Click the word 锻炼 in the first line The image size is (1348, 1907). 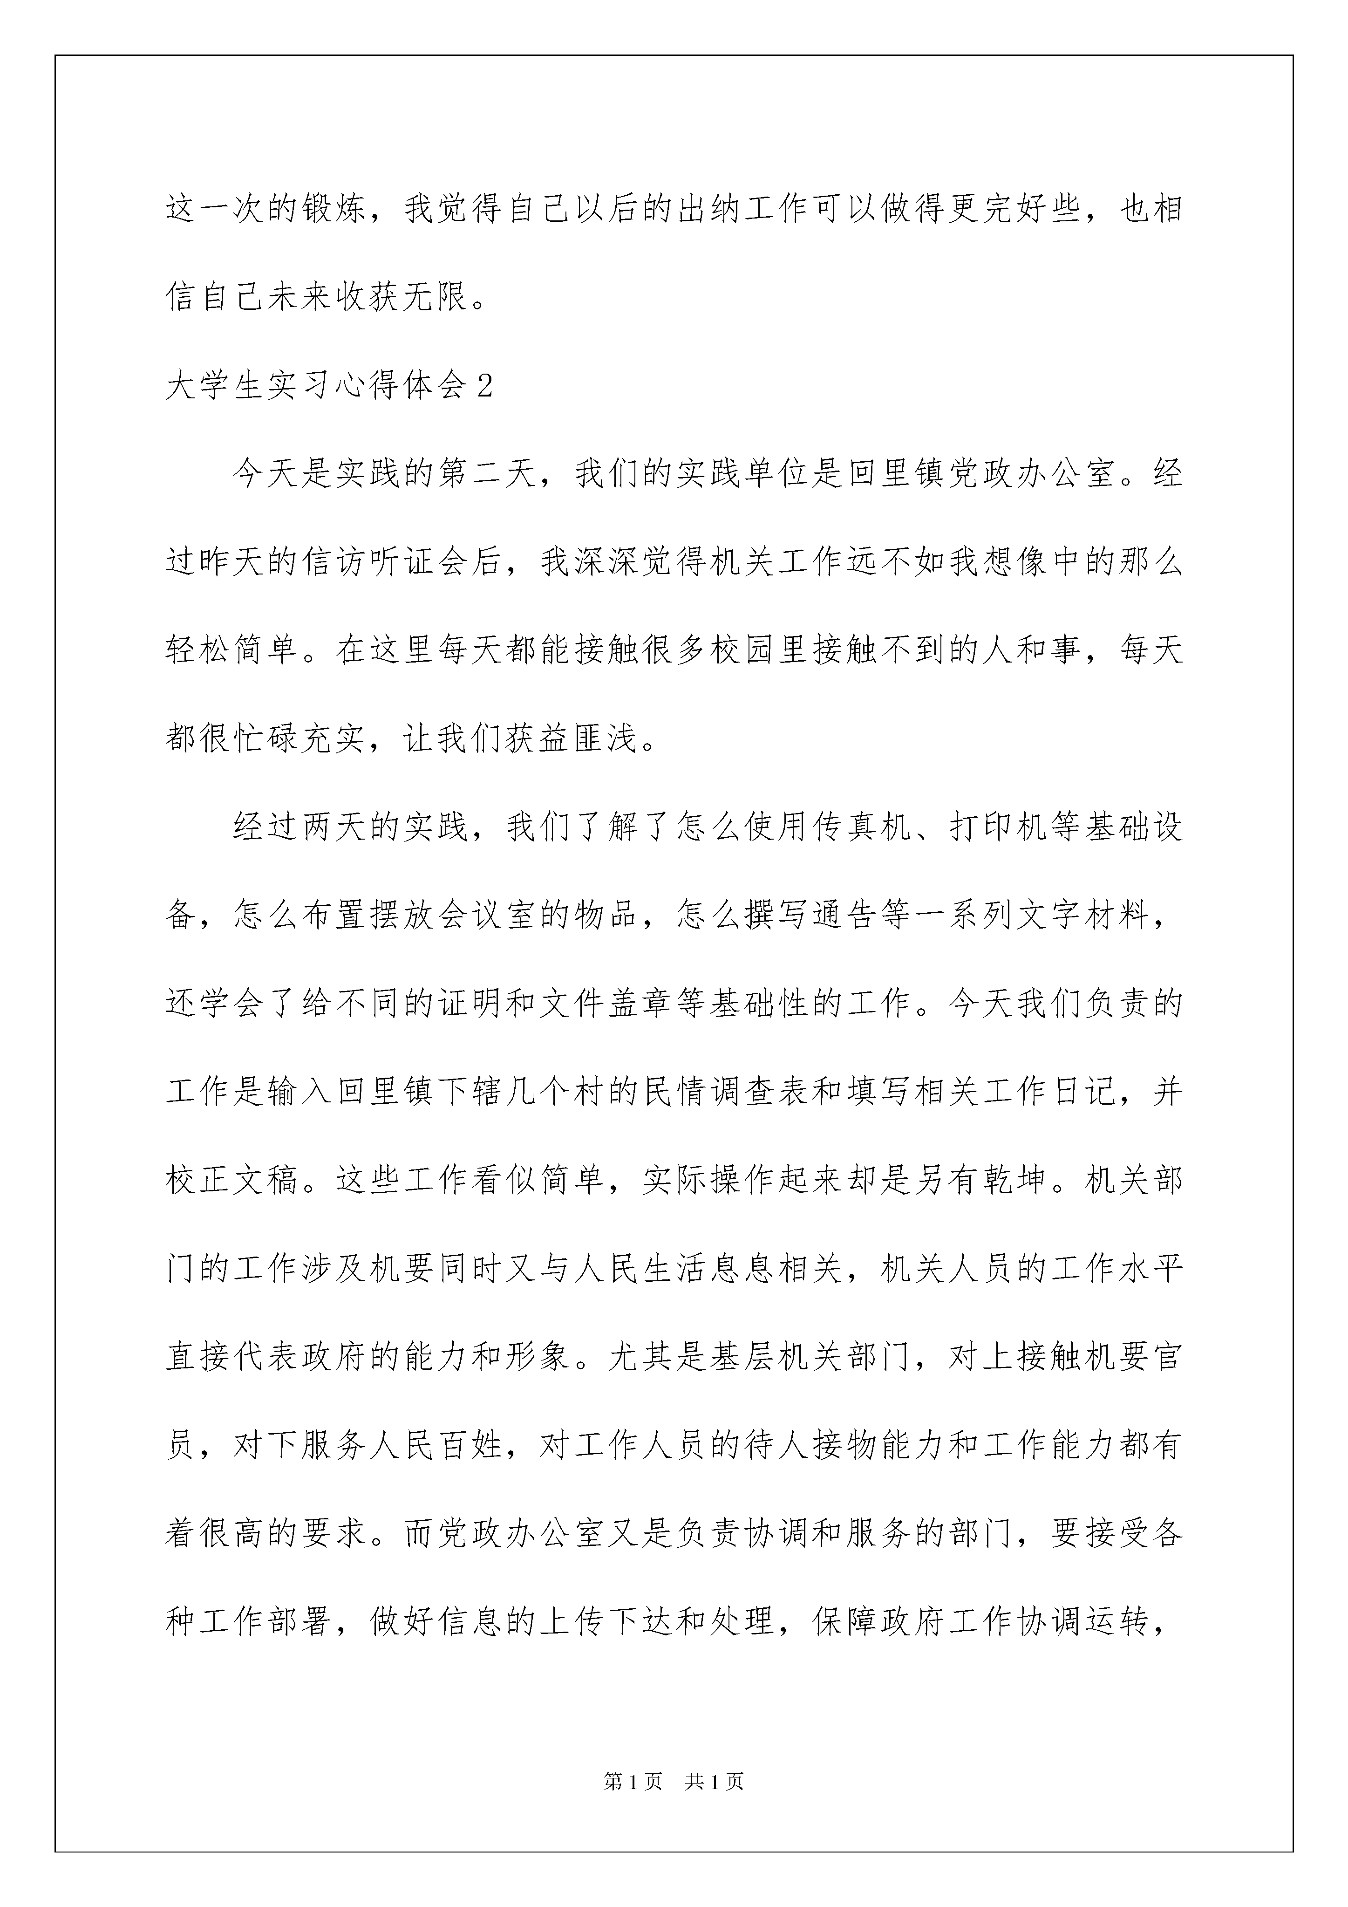(x=335, y=208)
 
